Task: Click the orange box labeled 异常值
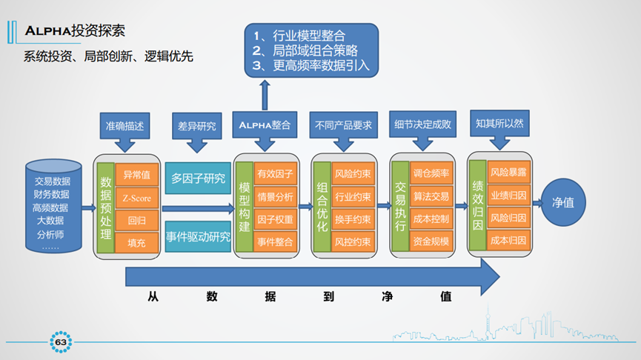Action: tap(137, 175)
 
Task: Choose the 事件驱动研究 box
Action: tap(198, 238)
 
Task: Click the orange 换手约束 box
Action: tap(353, 219)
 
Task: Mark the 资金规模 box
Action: tap(431, 241)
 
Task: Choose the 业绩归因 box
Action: tap(508, 196)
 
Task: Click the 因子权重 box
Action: tap(275, 219)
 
